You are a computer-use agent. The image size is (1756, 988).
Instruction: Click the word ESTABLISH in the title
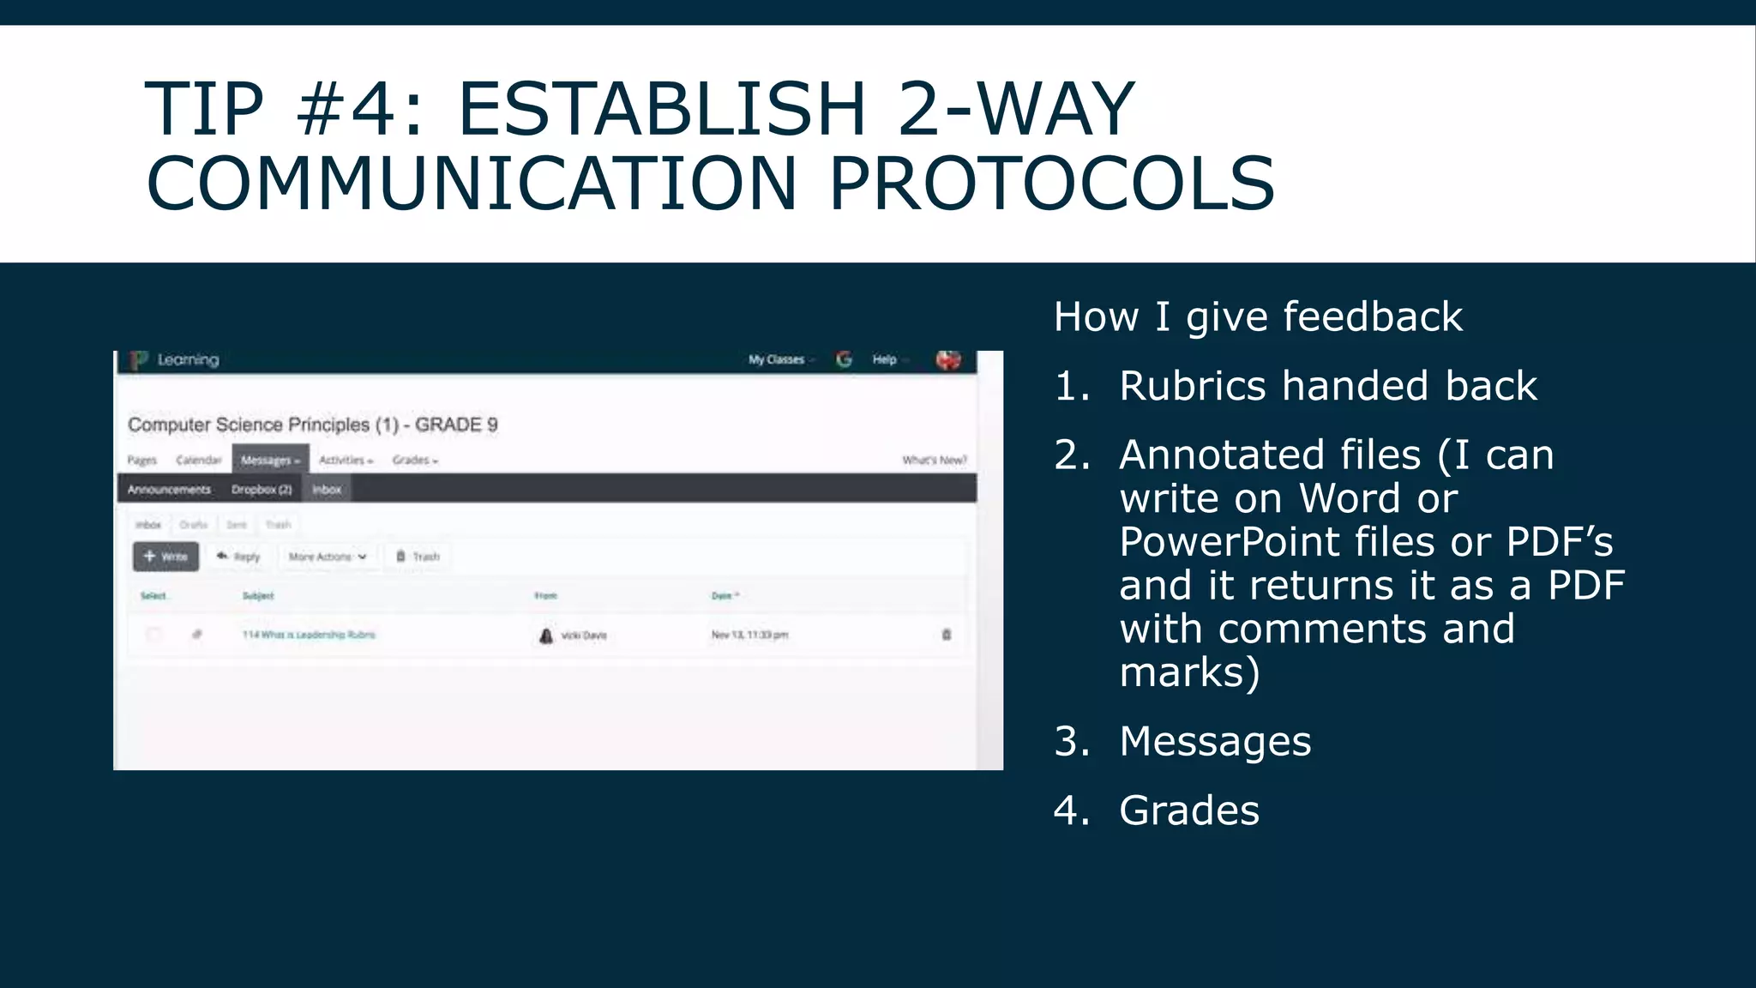[x=662, y=109]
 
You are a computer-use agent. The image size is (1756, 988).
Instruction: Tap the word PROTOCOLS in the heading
[x=1051, y=184]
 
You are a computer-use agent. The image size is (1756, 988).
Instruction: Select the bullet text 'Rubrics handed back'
[x=1327, y=386]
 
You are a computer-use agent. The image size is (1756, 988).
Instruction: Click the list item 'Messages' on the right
[x=1215, y=741]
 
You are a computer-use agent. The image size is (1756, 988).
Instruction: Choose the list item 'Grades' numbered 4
[x=1189, y=810]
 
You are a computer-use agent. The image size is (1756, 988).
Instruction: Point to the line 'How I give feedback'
[x=1258, y=316]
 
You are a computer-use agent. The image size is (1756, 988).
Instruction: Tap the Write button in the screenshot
[x=166, y=557]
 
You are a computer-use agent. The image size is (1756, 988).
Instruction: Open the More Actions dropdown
[x=328, y=557]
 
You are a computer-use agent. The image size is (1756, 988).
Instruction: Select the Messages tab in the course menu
[x=270, y=461]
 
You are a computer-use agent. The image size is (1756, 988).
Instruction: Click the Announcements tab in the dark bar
[x=169, y=490]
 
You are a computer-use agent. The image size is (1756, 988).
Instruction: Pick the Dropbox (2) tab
[x=262, y=490]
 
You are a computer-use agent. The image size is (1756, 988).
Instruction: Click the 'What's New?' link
[x=934, y=461]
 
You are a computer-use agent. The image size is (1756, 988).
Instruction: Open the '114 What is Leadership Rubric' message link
[x=309, y=635]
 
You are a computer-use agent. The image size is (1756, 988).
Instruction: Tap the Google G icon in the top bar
[x=845, y=359]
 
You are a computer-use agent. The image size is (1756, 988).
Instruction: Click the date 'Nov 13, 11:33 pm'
[x=749, y=635]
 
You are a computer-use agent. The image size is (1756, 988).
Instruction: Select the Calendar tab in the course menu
[x=198, y=461]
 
